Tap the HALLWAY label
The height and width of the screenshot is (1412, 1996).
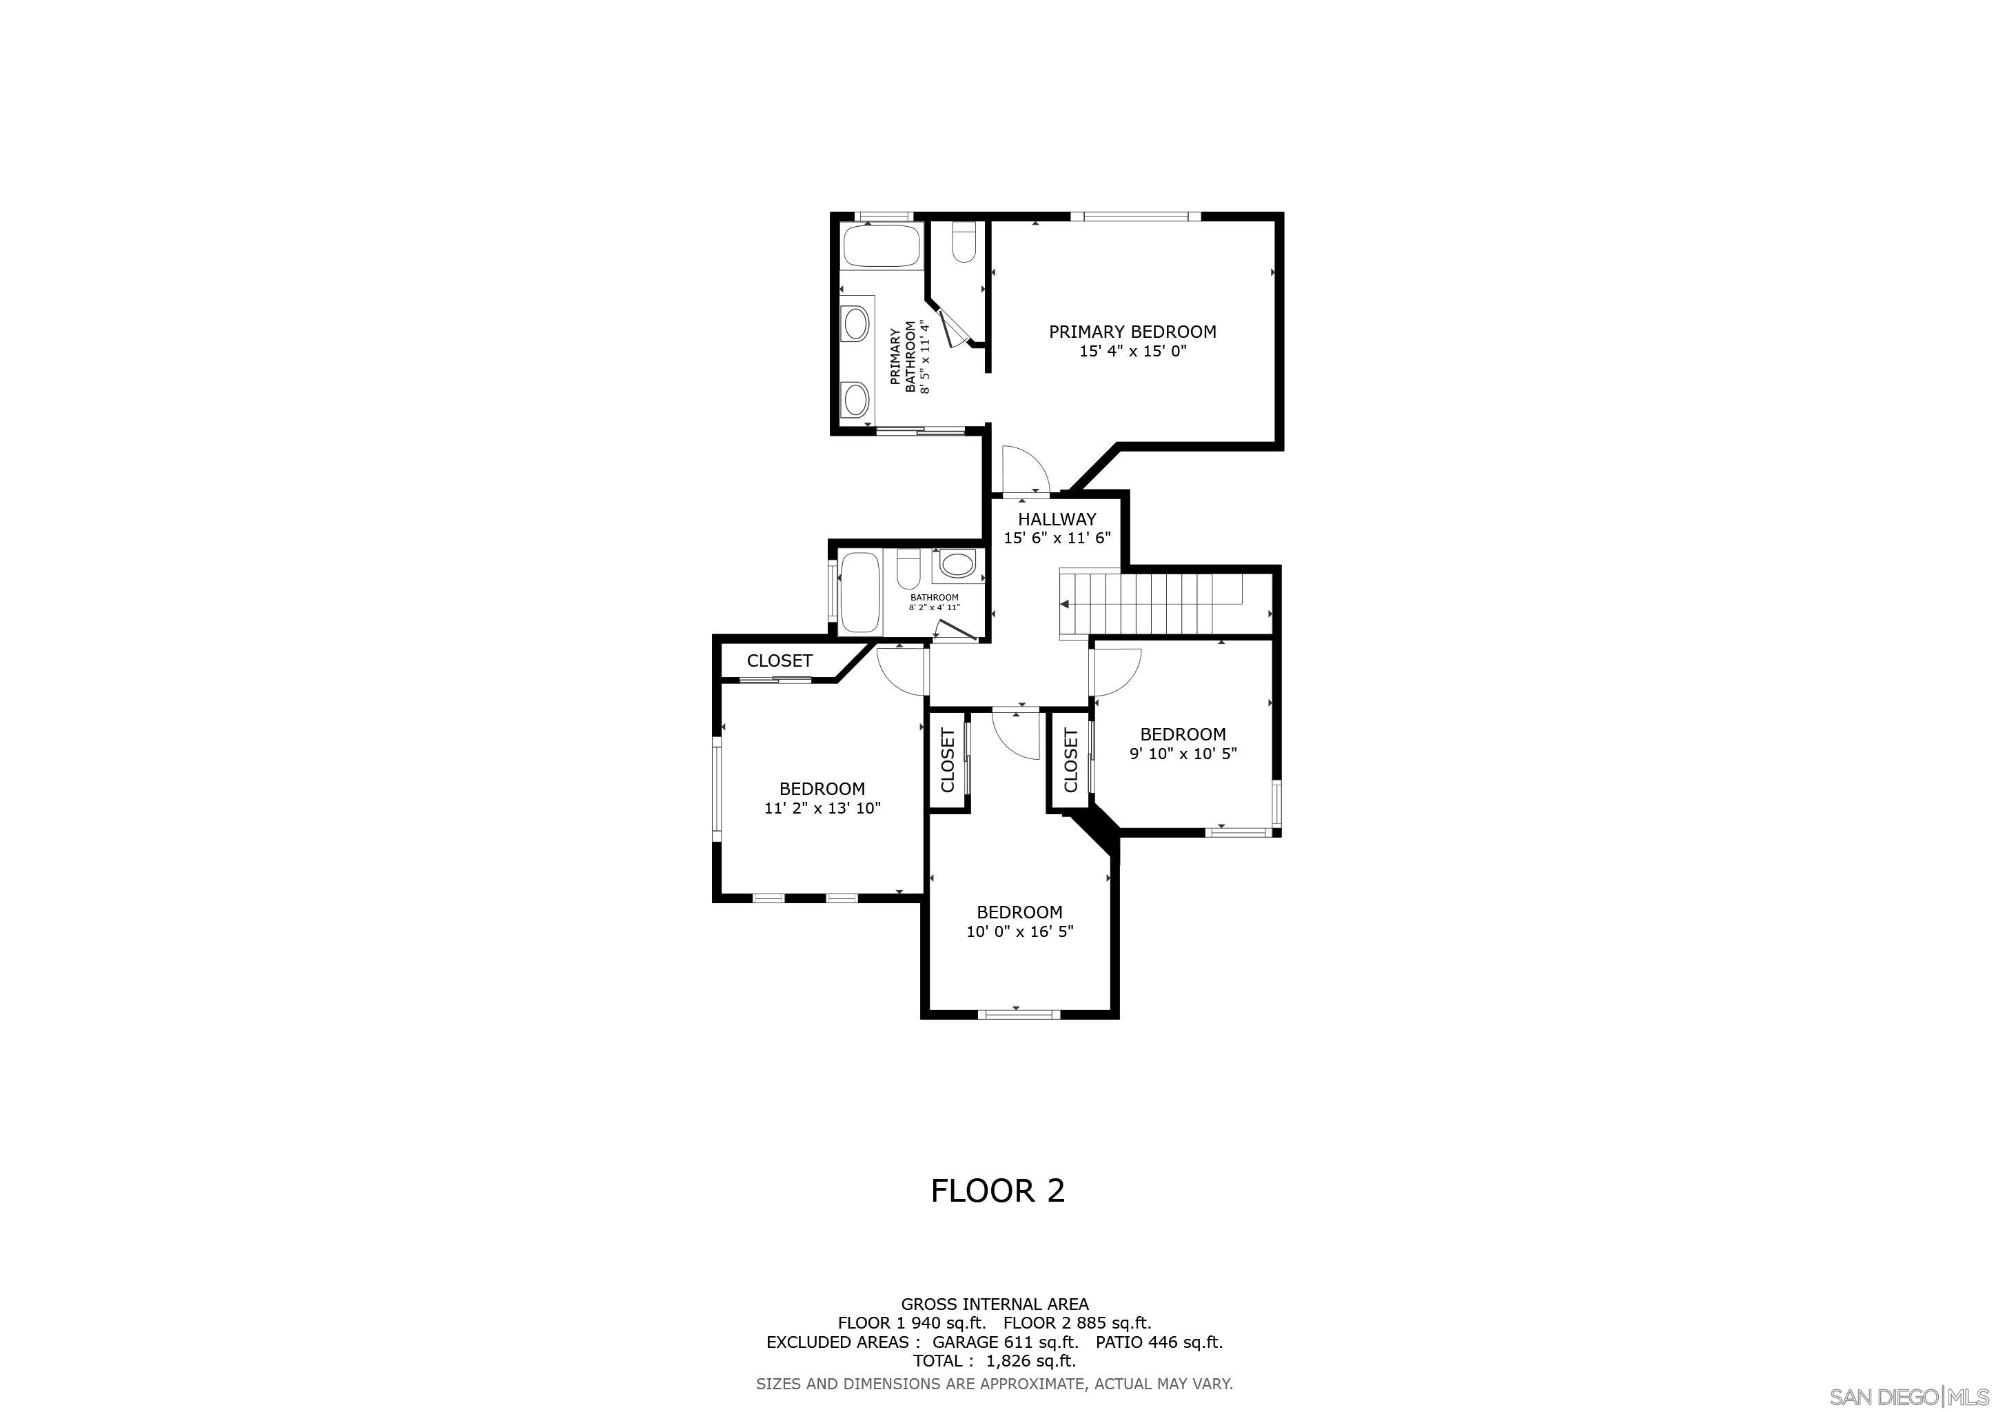1057,519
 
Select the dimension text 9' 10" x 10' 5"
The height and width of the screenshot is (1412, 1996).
1183,754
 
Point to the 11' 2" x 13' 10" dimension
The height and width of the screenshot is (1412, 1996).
822,809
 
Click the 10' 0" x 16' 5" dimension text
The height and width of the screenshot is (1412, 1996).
1020,932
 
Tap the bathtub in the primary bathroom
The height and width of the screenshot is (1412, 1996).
882,245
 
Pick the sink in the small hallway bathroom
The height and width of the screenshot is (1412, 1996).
957,566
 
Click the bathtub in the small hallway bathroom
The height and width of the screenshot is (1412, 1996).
862,593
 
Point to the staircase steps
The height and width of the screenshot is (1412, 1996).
1151,603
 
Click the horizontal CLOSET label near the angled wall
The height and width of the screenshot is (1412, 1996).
780,660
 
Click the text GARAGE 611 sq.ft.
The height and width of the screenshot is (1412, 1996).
1005,1342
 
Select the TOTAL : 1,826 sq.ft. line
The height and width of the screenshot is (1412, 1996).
995,1361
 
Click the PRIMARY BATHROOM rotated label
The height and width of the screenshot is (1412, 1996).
910,356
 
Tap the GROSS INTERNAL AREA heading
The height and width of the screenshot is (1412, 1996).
995,1304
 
